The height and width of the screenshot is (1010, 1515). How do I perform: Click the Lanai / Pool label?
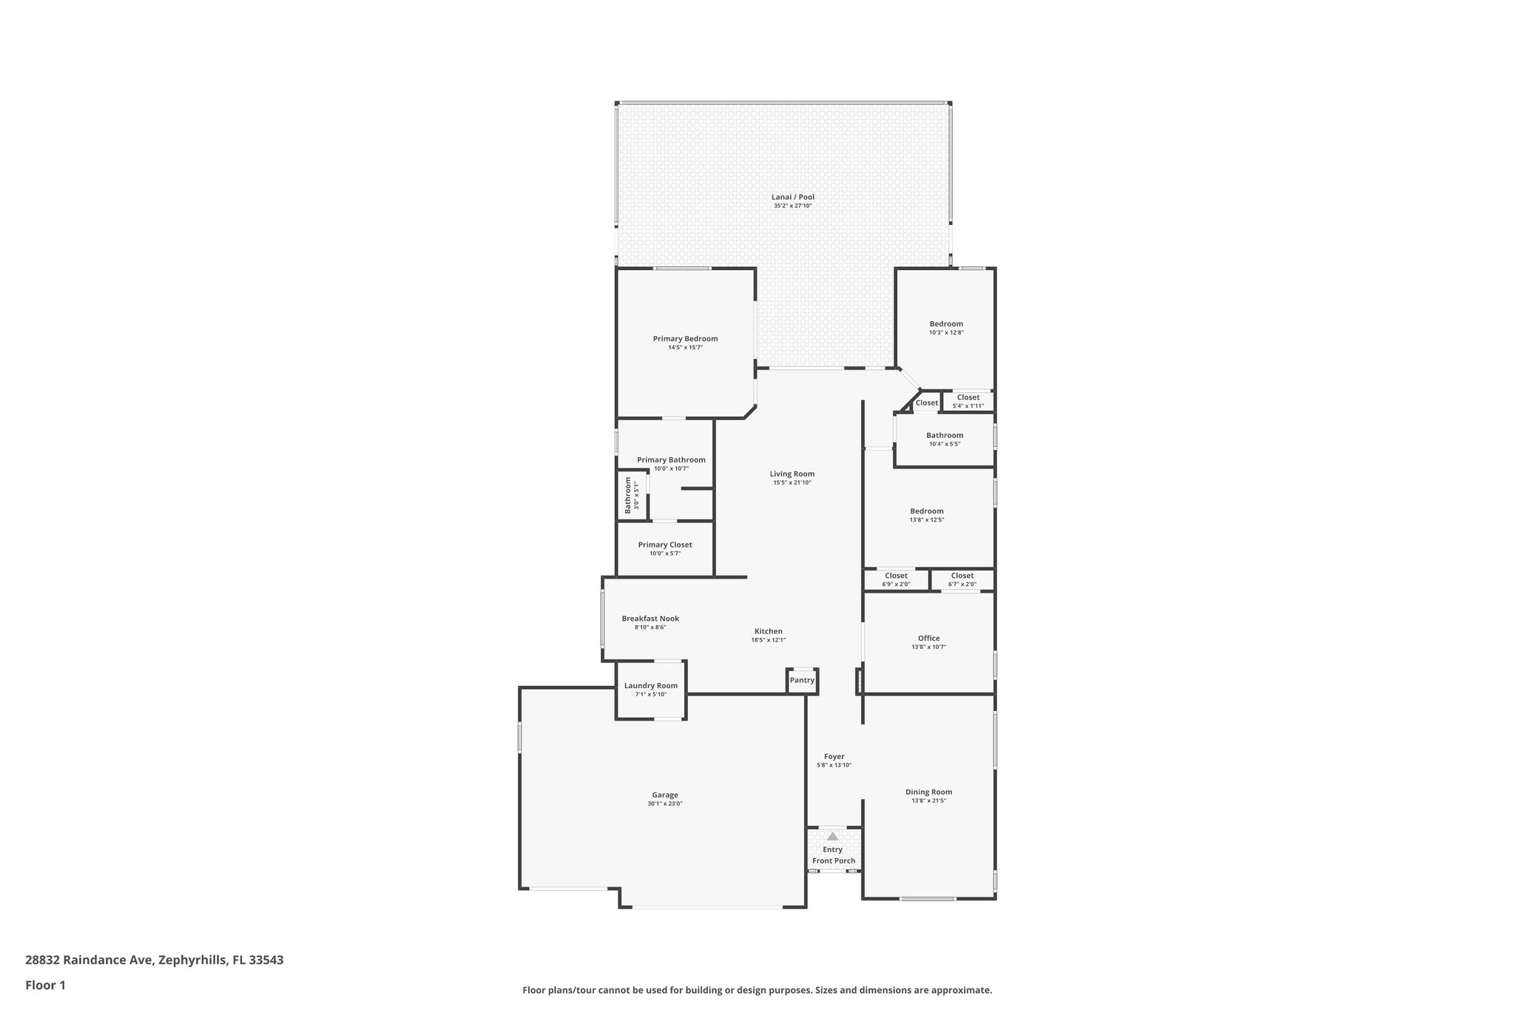792,197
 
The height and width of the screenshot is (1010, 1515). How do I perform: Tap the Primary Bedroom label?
685,339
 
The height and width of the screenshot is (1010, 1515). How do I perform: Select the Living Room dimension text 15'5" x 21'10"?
792,483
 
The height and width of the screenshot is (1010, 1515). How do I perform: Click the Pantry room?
802,680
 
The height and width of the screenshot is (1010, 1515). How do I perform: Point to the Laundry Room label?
650,686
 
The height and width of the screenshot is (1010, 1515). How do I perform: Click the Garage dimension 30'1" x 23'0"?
665,804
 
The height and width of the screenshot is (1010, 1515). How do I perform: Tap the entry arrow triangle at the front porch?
833,836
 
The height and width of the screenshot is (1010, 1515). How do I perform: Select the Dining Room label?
928,792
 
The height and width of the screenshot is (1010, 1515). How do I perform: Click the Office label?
928,638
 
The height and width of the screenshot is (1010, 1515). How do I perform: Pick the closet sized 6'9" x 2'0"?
896,579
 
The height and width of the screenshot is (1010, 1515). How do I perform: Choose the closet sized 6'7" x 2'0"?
962,579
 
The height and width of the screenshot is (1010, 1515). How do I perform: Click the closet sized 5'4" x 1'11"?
968,401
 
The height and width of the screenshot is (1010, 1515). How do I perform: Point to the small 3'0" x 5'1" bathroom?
632,495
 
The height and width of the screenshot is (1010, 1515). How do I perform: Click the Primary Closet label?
665,545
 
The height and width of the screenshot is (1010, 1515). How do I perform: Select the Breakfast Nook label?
650,619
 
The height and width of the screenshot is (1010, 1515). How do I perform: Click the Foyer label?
834,756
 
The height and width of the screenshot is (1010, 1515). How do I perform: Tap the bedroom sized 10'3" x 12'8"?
946,328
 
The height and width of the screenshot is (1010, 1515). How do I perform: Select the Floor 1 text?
45,985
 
